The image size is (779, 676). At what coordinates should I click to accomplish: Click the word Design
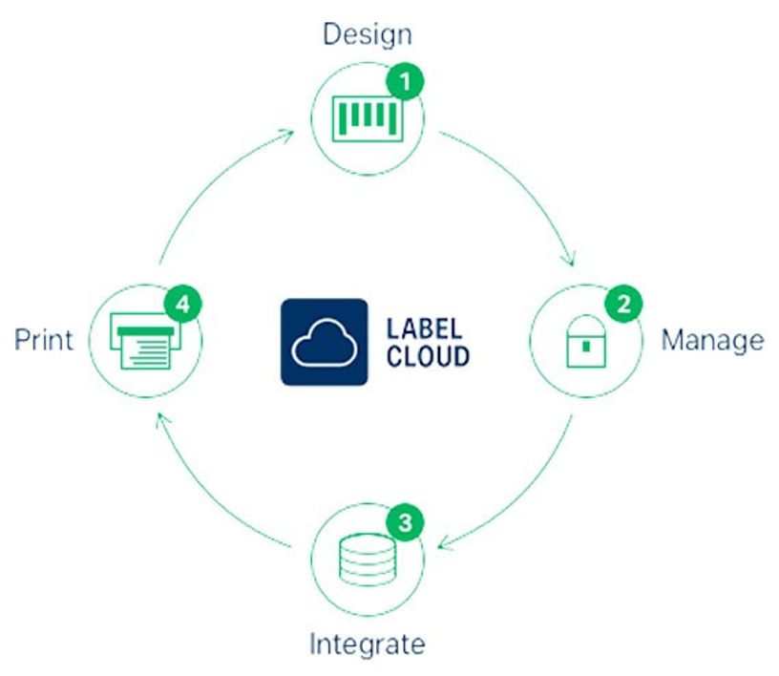[x=368, y=34]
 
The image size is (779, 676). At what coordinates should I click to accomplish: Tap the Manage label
[x=712, y=340]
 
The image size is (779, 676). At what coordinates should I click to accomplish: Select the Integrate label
[x=367, y=643]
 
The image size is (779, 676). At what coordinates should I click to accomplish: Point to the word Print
[x=44, y=340]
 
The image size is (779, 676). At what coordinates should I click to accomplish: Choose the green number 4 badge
[x=182, y=306]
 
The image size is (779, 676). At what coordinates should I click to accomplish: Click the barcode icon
[x=365, y=117]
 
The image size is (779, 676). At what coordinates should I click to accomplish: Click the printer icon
[x=144, y=342]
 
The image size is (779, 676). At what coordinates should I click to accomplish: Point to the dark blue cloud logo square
[x=324, y=342]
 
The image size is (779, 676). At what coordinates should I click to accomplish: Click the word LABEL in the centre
[x=425, y=327]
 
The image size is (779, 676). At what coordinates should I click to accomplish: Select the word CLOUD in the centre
[x=429, y=356]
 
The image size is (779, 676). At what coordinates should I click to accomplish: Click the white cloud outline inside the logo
[x=324, y=345]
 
